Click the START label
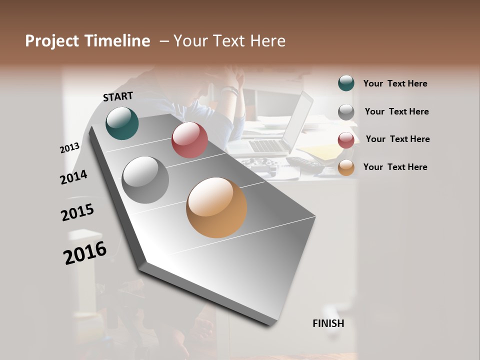tap(118, 96)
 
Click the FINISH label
tap(328, 323)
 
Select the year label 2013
tap(70, 148)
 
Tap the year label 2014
tap(73, 177)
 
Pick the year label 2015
tap(77, 212)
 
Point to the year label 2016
tap(85, 252)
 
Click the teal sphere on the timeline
tap(122, 123)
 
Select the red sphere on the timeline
tap(189, 140)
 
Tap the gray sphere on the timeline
tap(145, 180)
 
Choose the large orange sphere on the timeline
tap(216, 207)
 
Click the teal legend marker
tap(346, 83)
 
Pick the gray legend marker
tap(346, 112)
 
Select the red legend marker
tap(346, 140)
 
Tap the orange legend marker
tap(346, 168)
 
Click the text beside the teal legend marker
tap(395, 83)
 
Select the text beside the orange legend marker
tap(395, 167)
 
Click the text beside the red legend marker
tap(397, 139)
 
